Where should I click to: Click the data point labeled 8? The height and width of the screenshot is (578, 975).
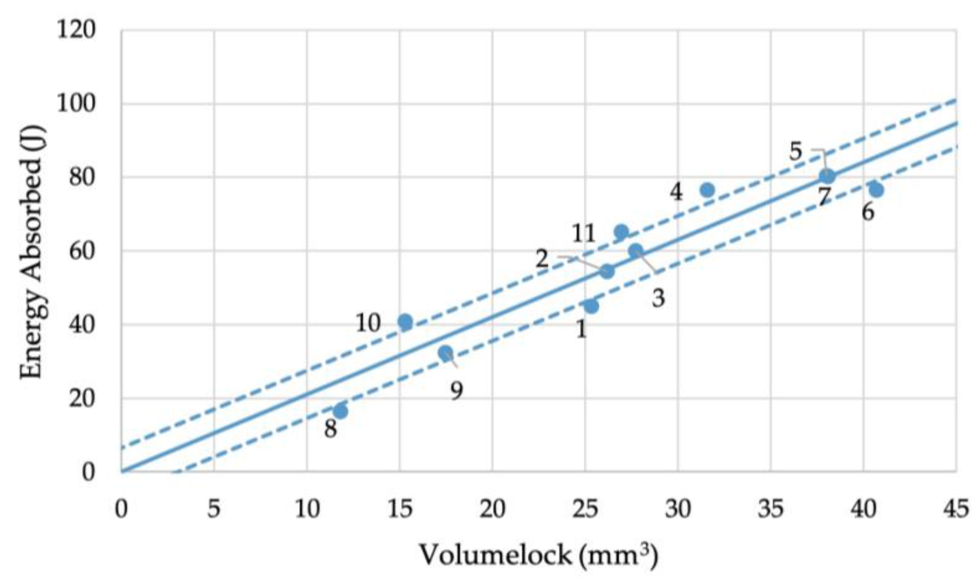click(340, 411)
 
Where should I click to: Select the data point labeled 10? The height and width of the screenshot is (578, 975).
click(405, 321)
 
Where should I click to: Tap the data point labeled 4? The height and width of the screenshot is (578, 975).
click(707, 190)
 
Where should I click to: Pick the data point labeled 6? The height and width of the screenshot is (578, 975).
click(876, 190)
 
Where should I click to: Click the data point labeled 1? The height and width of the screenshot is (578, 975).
click(591, 306)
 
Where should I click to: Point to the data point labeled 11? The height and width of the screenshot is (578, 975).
click(621, 232)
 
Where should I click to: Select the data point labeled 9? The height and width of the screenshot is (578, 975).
click(445, 353)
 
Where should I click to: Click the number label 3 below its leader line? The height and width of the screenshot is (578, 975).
click(658, 298)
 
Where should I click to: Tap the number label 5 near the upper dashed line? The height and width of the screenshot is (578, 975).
click(795, 151)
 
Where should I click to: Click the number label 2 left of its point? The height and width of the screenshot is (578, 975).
click(542, 260)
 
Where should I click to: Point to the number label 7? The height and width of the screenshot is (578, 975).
click(824, 197)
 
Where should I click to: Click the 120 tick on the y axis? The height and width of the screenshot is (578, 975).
click(76, 30)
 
